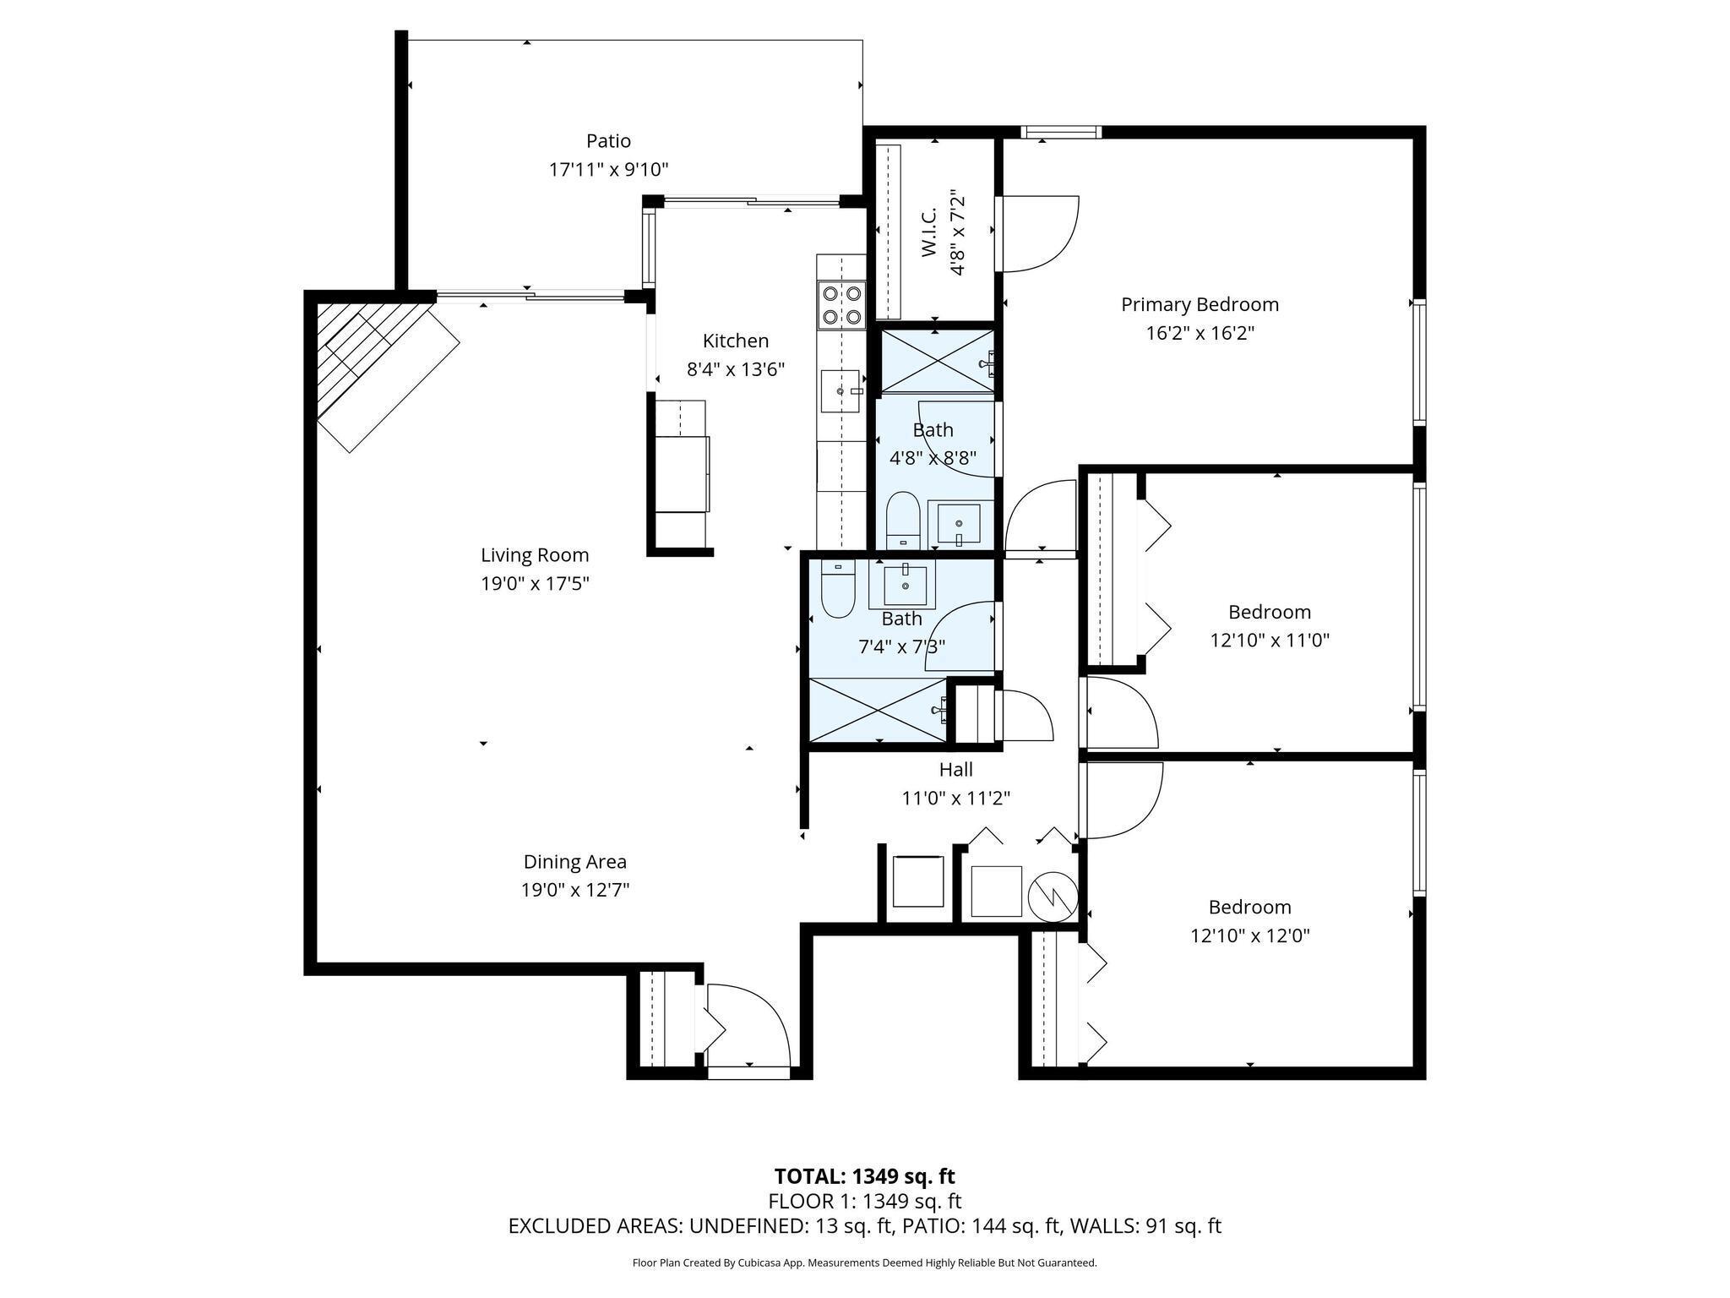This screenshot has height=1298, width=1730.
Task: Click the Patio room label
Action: coord(608,140)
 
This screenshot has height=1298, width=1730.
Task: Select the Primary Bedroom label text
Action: coord(1200,305)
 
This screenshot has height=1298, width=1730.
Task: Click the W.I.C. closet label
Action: coord(928,232)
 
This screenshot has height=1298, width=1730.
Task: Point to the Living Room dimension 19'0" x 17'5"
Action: coord(535,583)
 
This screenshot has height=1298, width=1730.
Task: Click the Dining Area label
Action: coord(575,862)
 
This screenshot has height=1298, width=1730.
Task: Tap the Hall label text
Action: coord(955,769)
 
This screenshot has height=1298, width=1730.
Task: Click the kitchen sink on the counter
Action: coord(841,391)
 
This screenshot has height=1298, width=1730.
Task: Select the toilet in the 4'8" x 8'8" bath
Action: coord(902,520)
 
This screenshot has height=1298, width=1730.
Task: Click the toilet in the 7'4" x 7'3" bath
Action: coord(838,588)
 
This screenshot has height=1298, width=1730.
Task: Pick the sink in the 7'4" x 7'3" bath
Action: coord(905,584)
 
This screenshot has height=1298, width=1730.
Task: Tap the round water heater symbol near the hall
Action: coord(1053,895)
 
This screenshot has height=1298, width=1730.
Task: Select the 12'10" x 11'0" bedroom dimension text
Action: coord(1270,641)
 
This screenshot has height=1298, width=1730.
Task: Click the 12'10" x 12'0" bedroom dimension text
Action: coord(1250,935)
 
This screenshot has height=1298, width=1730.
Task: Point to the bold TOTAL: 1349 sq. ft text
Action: coord(864,1175)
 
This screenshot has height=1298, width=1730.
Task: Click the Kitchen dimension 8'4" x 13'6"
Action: coord(736,369)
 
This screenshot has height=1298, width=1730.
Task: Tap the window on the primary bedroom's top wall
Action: coord(1061,132)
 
